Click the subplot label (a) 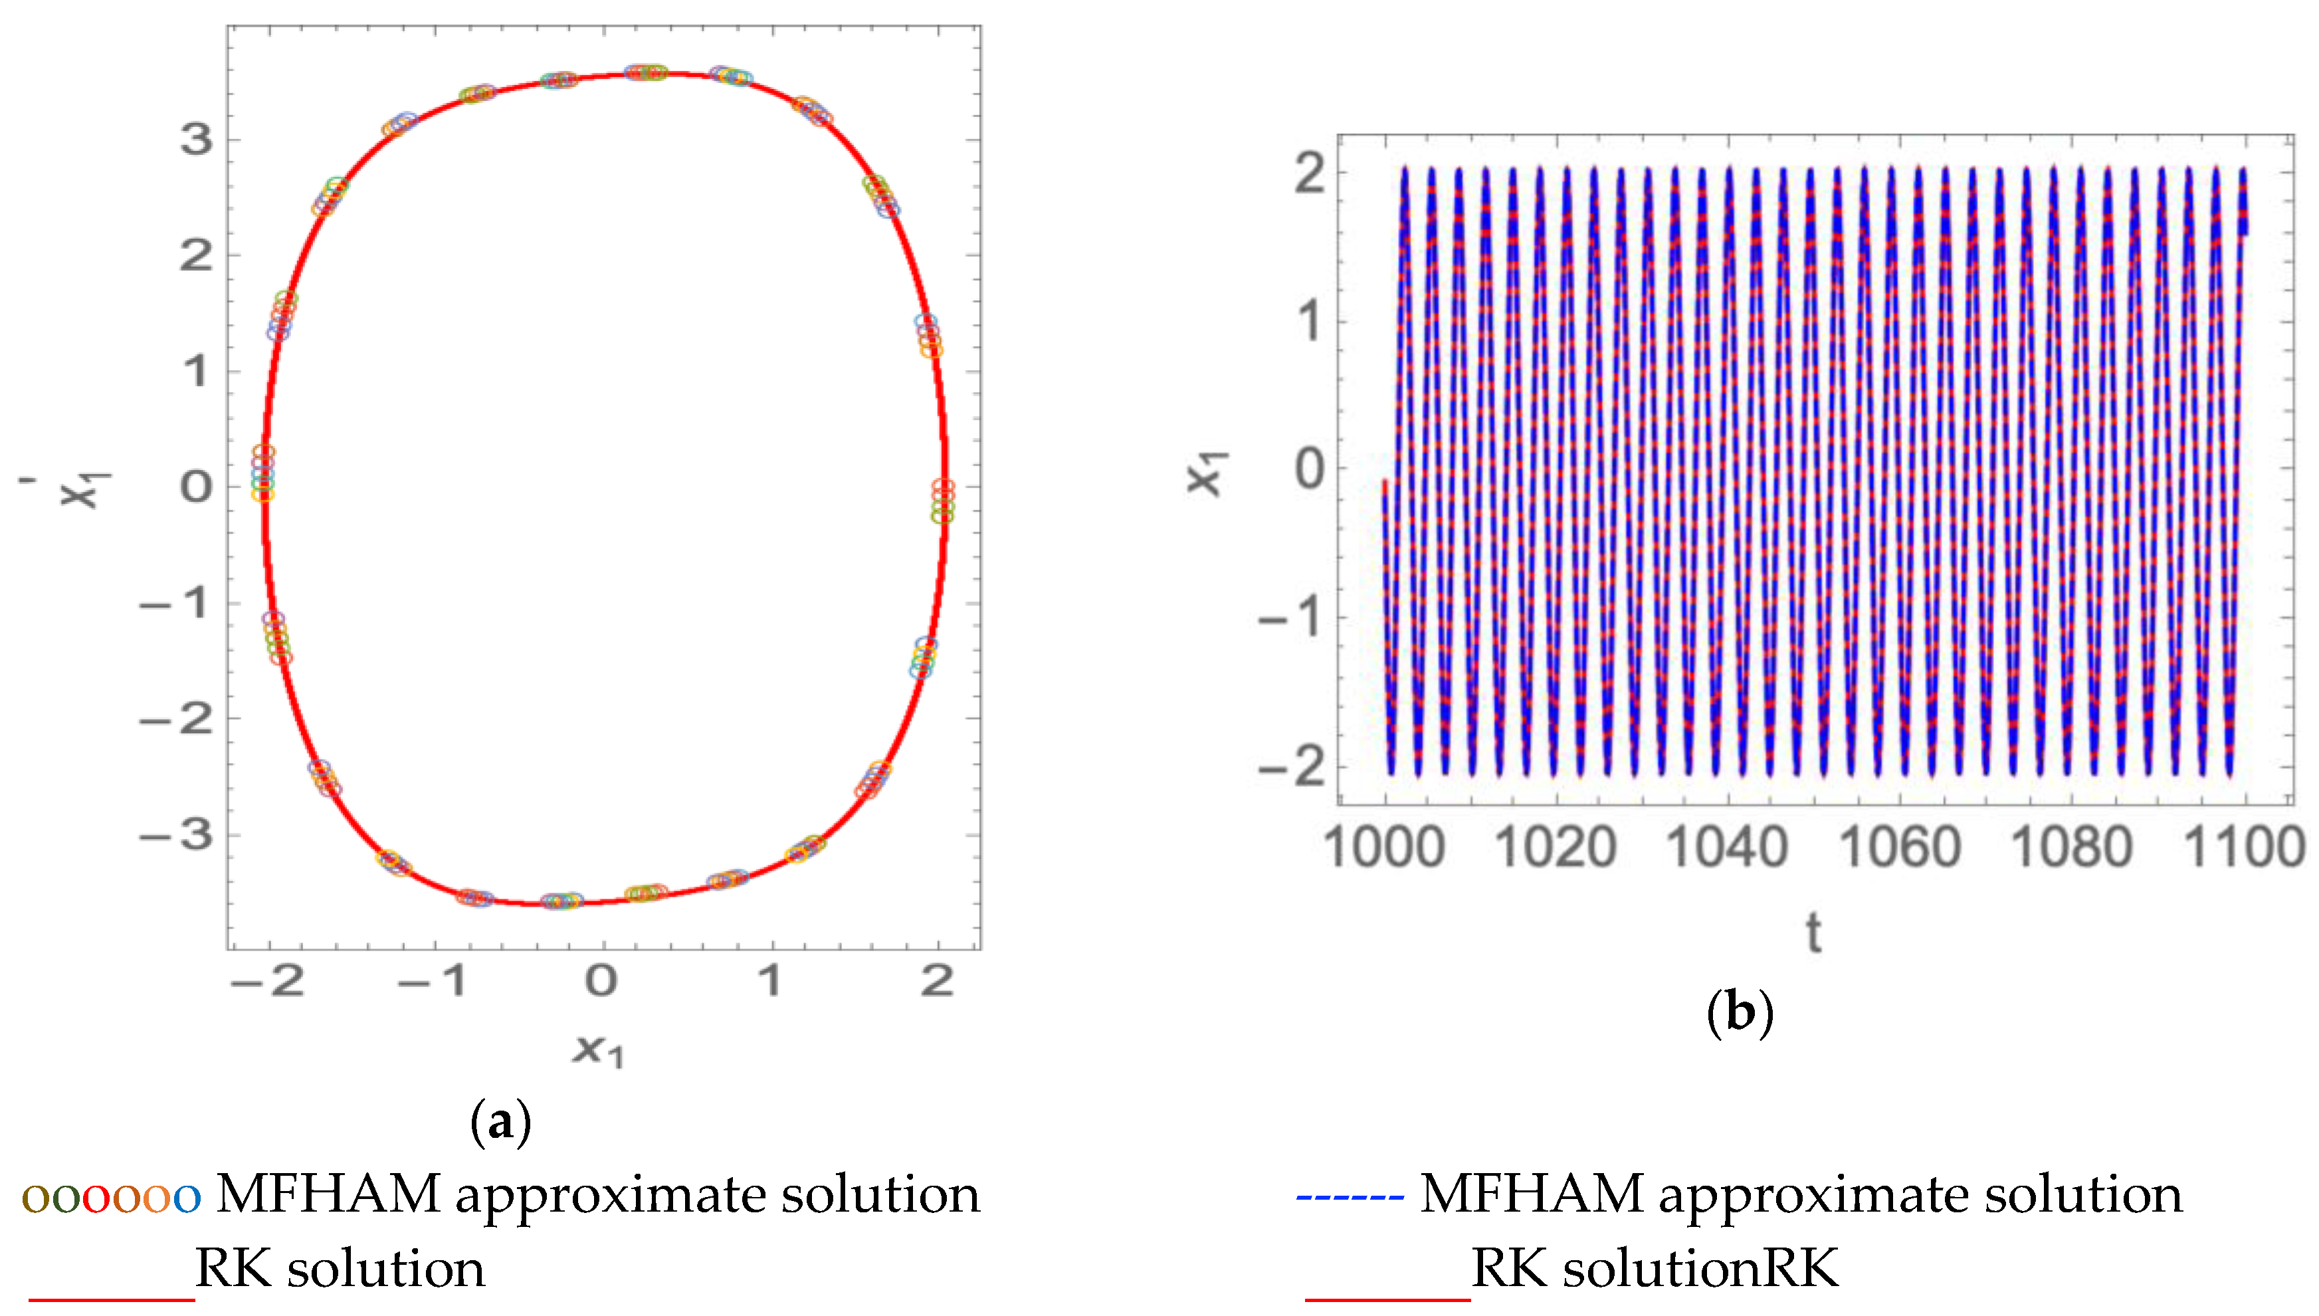coord(500,1122)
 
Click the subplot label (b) coord(1739,1012)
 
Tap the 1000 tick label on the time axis coord(1383,848)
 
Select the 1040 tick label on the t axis coord(1726,848)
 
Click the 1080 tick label coord(2071,848)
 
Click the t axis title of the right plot coord(1813,934)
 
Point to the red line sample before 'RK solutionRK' coord(1387,1299)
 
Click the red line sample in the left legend coord(111,1299)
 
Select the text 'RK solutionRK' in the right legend coord(1654,1268)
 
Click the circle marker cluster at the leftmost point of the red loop coord(262,473)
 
